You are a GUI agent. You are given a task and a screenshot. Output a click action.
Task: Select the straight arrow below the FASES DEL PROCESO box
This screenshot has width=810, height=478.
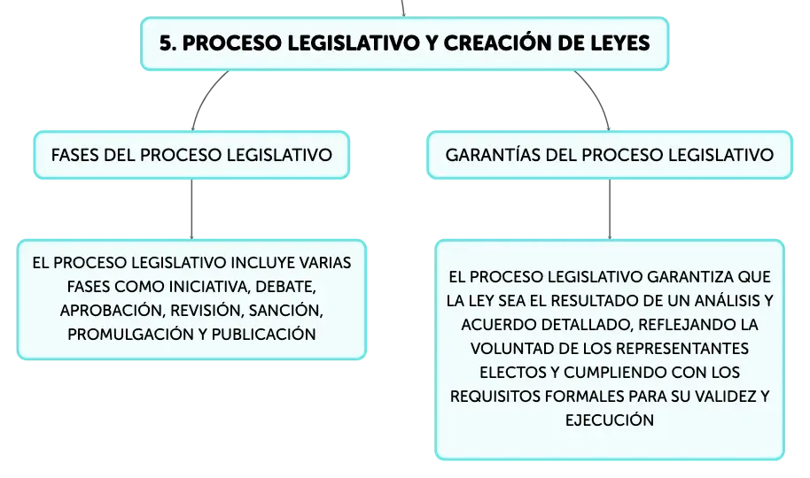(191, 209)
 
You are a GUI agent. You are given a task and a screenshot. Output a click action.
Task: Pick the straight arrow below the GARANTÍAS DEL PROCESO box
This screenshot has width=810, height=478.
(610, 209)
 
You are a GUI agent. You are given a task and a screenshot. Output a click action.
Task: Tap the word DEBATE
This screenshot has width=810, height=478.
(285, 287)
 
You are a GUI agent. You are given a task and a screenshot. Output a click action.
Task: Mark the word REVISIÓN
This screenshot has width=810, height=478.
(206, 310)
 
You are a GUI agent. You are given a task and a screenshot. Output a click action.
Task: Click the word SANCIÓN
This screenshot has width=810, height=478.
(285, 310)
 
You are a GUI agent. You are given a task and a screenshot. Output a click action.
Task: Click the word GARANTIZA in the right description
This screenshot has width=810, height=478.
(689, 277)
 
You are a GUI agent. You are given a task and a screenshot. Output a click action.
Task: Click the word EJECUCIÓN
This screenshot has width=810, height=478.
(610, 420)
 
